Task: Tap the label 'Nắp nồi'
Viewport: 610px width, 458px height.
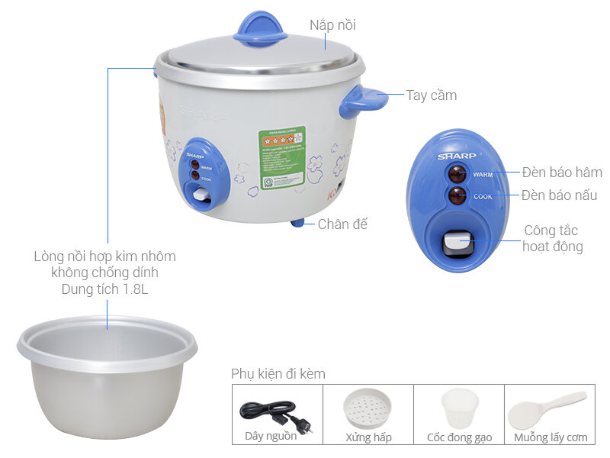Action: pos(332,25)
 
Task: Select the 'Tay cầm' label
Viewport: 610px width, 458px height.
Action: pos(431,95)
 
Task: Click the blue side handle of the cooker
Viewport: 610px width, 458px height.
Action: pos(361,101)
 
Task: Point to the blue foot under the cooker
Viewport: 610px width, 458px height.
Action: pos(297,222)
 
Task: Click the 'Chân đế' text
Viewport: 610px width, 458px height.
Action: pos(342,224)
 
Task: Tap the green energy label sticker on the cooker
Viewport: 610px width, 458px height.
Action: pos(282,157)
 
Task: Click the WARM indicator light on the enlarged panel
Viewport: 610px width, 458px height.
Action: pos(457,173)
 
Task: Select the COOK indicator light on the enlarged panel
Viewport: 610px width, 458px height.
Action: pos(457,196)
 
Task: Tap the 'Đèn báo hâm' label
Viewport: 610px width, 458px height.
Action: pos(562,173)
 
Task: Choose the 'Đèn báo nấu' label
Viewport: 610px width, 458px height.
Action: pos(559,195)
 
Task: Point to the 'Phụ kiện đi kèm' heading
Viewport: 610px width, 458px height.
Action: pos(278,374)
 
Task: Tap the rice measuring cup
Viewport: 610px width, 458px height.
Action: pos(459,408)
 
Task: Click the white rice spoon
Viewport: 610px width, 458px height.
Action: pos(547,410)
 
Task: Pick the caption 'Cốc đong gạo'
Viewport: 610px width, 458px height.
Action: pos(459,437)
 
